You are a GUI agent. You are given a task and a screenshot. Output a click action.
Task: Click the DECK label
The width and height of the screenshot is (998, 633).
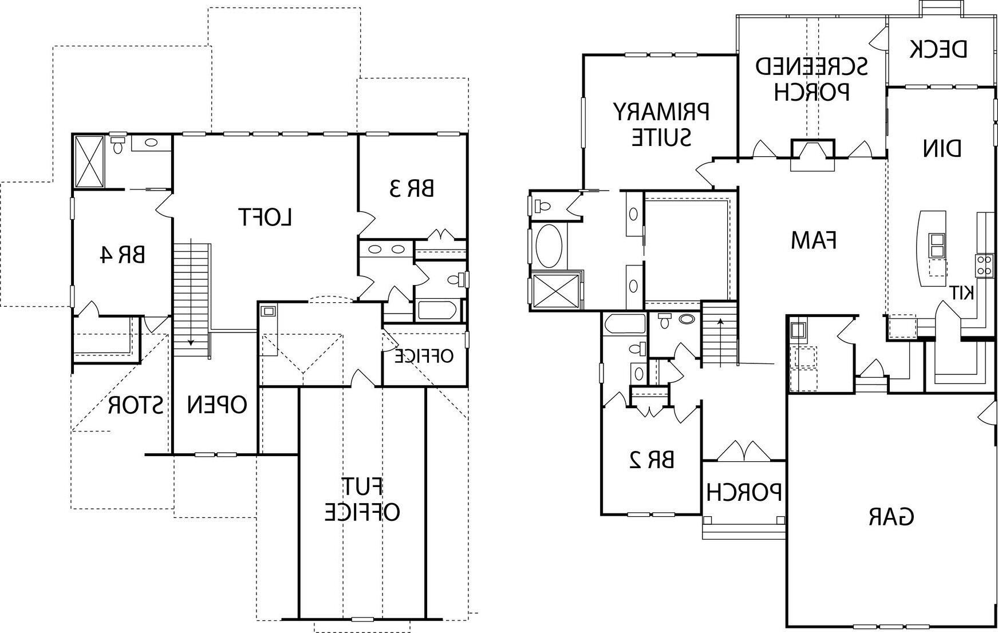(939, 49)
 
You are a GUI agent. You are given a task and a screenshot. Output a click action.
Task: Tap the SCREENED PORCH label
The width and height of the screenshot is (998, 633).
(811, 78)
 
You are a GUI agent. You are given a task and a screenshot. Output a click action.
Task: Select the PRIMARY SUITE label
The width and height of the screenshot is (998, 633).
(661, 124)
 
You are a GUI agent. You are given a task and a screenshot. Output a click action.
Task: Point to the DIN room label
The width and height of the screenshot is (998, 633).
(941, 149)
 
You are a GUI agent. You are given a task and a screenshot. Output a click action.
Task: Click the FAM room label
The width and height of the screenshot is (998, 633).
(814, 240)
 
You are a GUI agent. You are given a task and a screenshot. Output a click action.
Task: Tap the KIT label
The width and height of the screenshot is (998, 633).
(962, 292)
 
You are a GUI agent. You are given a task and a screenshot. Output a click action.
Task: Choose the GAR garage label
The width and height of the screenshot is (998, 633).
(891, 517)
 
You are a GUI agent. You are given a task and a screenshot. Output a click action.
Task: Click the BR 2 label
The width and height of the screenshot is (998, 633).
(652, 460)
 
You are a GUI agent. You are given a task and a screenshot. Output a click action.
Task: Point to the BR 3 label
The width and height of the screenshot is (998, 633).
(411, 188)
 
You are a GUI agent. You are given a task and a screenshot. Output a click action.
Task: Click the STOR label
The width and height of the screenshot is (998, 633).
(136, 406)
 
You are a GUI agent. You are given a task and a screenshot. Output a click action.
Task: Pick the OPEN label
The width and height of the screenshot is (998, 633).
(217, 405)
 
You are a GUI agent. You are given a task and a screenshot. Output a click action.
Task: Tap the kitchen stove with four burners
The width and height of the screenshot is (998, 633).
(984, 266)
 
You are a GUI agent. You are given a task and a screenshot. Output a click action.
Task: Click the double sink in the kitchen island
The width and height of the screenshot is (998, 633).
(937, 245)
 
